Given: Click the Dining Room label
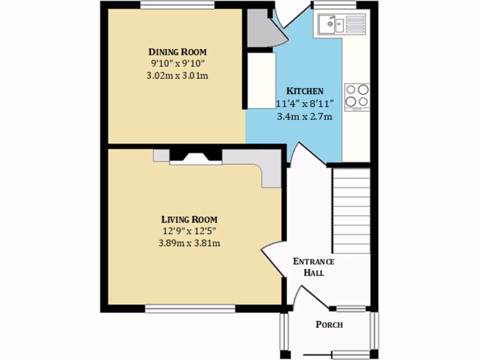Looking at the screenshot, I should (x=177, y=52).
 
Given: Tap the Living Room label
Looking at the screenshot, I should (x=189, y=219).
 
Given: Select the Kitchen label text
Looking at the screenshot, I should (x=305, y=91).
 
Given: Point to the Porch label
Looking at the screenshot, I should (x=329, y=324).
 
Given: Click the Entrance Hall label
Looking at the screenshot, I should (x=314, y=267).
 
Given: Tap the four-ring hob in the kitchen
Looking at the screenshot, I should (x=357, y=96).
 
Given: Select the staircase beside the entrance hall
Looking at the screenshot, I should (x=351, y=211).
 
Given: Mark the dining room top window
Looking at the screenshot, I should (x=178, y=5).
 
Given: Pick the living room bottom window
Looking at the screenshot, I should (x=190, y=308).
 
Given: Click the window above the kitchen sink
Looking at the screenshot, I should (x=334, y=5).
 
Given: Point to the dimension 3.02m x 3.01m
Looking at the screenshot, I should (x=177, y=75).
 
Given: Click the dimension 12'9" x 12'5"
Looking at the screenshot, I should (x=189, y=231).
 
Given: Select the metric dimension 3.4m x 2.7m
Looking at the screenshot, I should (x=305, y=116).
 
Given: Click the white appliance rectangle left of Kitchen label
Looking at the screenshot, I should (x=261, y=81).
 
